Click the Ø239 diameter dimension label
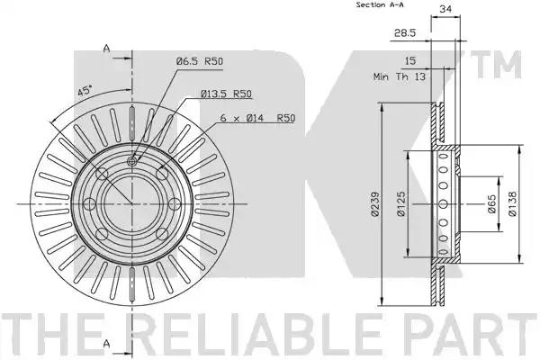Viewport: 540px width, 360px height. click(x=375, y=204)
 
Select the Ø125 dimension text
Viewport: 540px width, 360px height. click(x=401, y=204)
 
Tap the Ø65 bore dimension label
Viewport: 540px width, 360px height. click(x=492, y=204)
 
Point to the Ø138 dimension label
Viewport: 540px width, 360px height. click(x=512, y=204)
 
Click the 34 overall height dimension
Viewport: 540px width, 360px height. click(x=445, y=9)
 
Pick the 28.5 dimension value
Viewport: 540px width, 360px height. click(x=405, y=32)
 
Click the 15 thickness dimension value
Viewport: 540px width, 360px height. click(x=409, y=60)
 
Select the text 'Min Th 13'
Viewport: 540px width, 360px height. click(x=400, y=76)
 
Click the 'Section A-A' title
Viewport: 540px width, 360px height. click(x=380, y=4)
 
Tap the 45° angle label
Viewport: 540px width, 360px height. click(x=85, y=92)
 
